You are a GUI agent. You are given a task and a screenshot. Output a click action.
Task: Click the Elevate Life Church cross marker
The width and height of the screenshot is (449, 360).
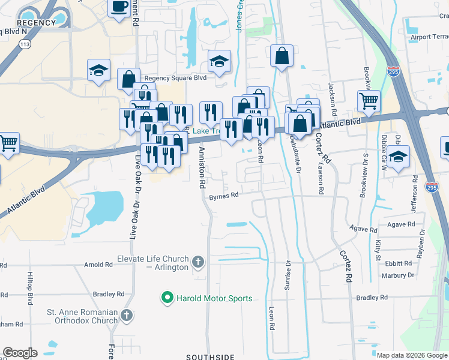199,262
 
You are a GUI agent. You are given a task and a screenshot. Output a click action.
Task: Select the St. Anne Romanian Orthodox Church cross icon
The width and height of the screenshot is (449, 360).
126,315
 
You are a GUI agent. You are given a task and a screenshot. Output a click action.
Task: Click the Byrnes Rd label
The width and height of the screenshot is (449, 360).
224,195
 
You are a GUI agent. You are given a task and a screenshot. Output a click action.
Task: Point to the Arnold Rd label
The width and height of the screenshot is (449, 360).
98,264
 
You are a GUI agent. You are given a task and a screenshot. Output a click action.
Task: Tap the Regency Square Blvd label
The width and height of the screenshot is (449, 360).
175,78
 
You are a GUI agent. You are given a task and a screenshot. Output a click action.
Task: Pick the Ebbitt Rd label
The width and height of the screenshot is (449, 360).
399,263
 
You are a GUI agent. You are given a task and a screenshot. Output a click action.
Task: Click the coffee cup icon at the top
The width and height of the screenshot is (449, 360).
119,7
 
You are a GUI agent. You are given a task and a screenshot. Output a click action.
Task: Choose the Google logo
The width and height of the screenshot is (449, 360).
20,353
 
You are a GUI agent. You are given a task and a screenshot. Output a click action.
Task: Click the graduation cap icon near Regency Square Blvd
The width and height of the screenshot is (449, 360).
219,61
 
